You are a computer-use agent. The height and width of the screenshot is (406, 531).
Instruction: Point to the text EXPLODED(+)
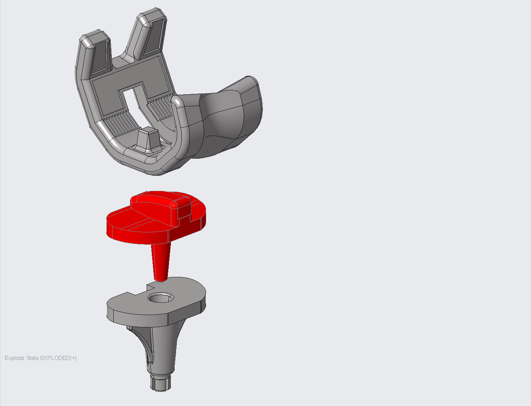[58, 358]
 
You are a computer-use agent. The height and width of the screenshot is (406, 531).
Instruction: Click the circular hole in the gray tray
[160, 298]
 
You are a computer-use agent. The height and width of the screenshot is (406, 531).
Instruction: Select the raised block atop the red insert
[155, 204]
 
